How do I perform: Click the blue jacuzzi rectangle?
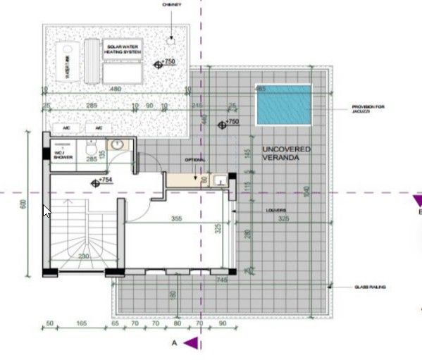[x=284, y=104]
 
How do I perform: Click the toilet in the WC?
[x=90, y=150]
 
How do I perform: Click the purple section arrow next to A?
[x=191, y=343]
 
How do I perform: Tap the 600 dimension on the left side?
[x=23, y=204]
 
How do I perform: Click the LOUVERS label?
[x=275, y=210]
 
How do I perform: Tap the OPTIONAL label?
[x=194, y=160]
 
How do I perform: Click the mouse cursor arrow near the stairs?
[x=46, y=210]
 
